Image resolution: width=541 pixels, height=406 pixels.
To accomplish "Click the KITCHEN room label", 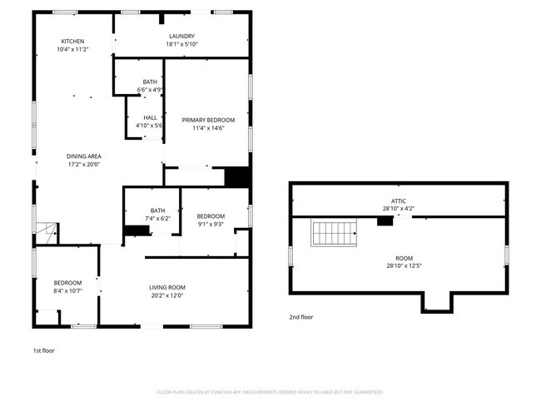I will point(72,41).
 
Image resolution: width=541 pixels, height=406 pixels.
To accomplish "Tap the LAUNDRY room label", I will point(181,36).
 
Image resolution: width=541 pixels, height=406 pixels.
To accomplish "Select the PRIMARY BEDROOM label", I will point(208,120).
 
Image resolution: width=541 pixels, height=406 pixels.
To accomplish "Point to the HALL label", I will point(150,117).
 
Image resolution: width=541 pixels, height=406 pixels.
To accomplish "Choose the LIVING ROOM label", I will point(166,286).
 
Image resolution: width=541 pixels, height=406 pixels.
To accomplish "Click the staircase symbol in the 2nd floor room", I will point(333,233).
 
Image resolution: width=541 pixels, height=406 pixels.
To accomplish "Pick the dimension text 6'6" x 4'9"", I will point(150,90).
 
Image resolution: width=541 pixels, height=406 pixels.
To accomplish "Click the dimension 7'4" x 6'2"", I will point(157,219).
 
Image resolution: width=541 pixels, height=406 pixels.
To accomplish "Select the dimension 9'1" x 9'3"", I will point(211,224).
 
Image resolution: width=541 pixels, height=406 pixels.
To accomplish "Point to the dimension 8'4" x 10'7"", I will point(68,291).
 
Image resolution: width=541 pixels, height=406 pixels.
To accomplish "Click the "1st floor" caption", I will point(43,350).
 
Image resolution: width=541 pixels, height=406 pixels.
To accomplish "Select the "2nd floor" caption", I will point(301,317).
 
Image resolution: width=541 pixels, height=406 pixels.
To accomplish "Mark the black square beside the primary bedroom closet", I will point(237,177).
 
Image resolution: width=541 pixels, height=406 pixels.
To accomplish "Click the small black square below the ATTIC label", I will point(385,221).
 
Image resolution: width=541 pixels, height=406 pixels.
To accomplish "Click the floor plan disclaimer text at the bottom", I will point(270,392).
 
